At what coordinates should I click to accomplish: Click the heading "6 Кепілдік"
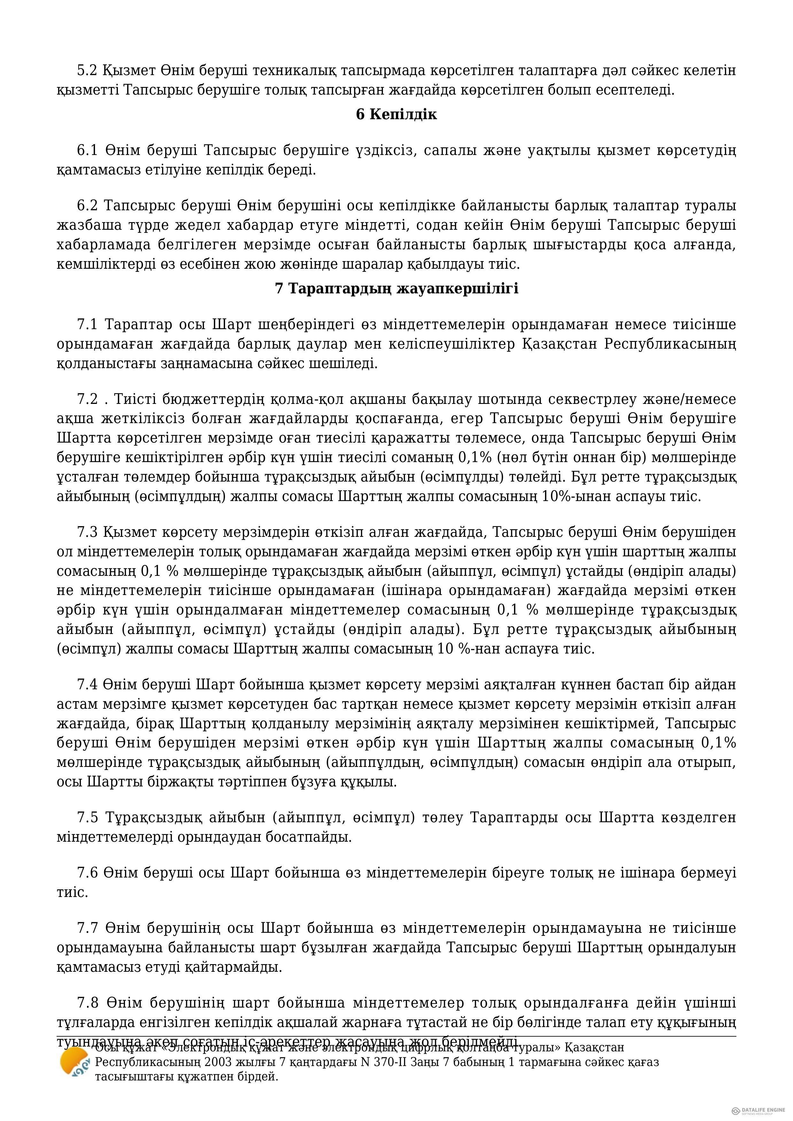click(396, 114)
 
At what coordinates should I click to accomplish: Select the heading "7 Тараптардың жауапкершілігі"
click(396, 289)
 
